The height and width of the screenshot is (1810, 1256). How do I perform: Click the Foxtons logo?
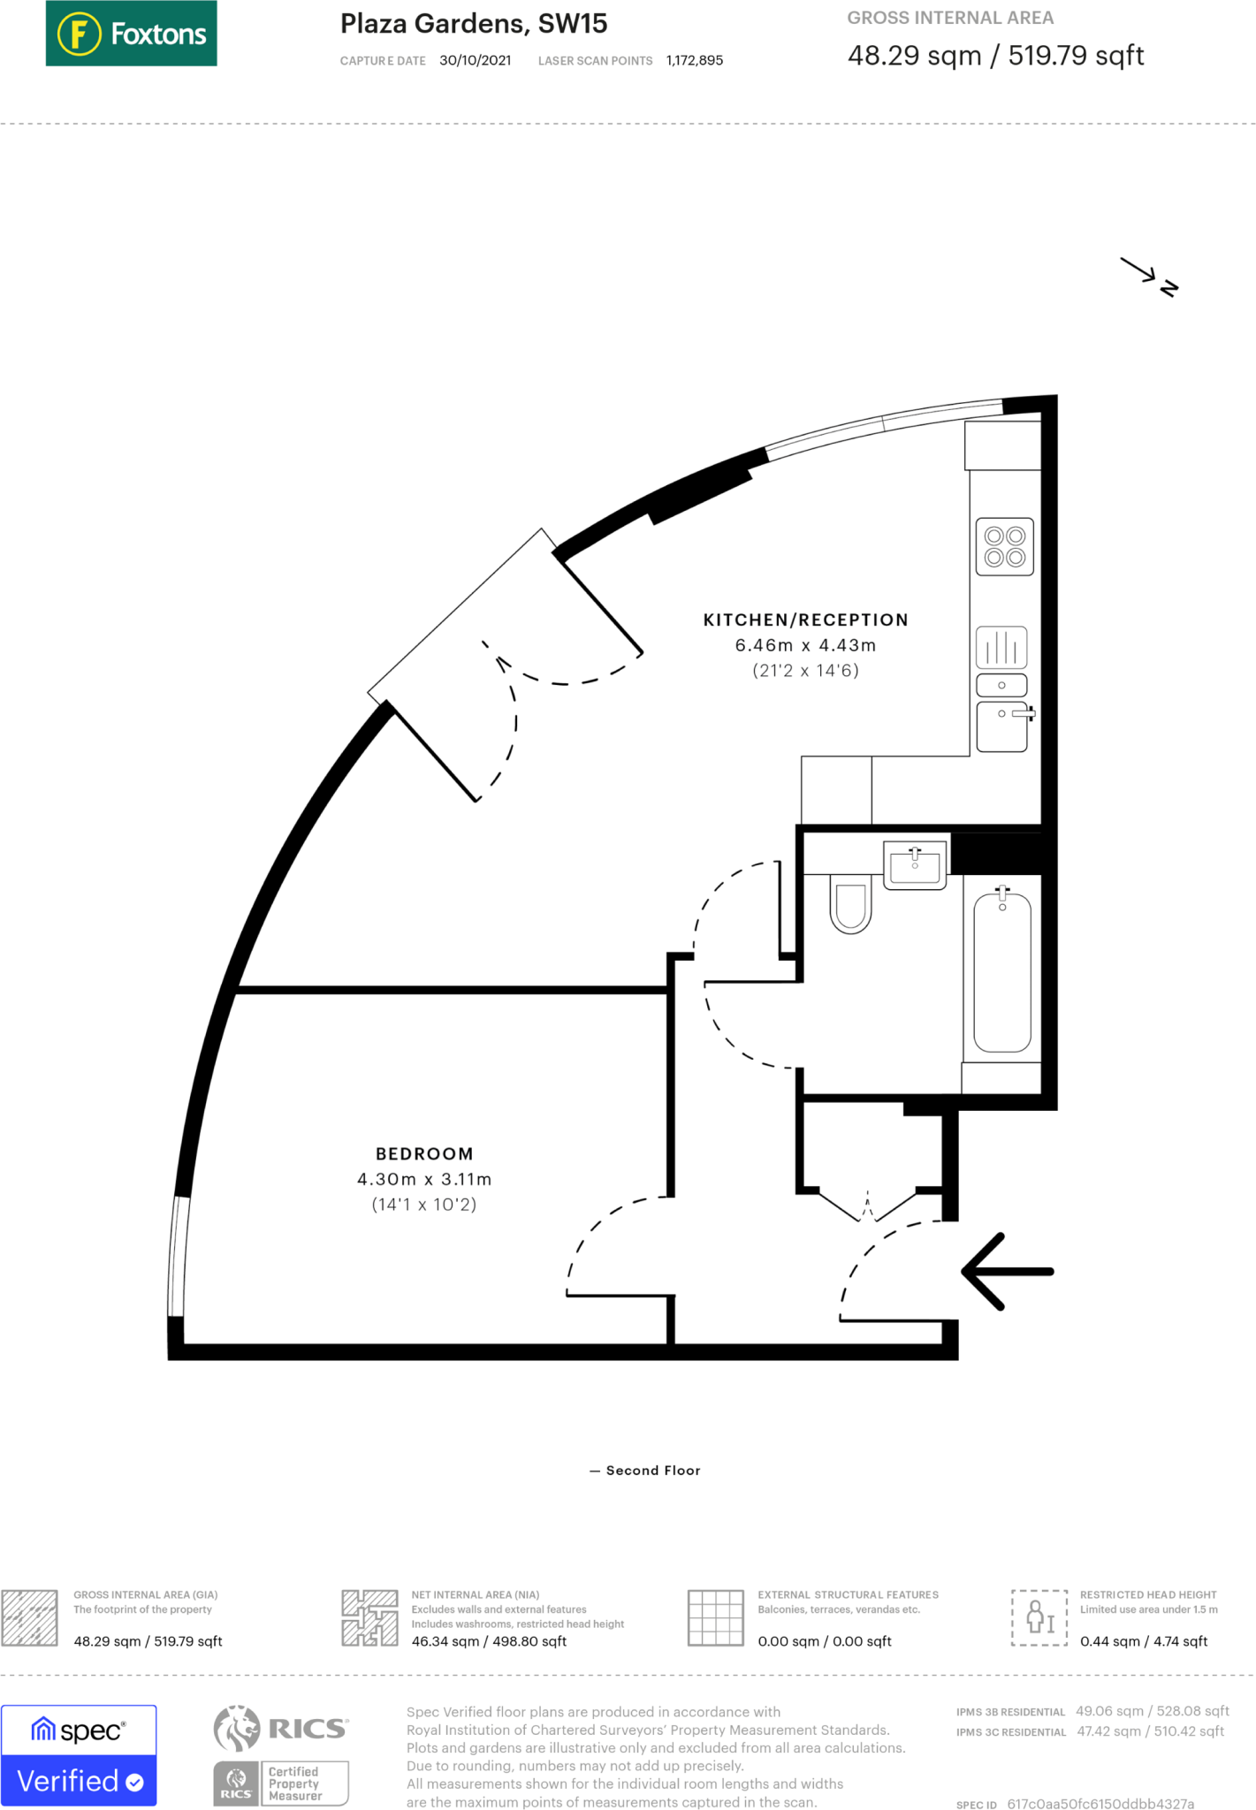(x=131, y=34)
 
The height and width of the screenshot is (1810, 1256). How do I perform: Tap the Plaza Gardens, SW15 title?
(x=474, y=24)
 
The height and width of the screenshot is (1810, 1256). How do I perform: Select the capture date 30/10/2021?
(x=475, y=60)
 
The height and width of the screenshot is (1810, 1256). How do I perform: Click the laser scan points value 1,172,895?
(x=694, y=60)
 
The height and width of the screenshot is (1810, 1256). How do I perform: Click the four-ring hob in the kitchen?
(x=1004, y=547)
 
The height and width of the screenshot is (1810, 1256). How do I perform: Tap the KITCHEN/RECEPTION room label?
(x=805, y=620)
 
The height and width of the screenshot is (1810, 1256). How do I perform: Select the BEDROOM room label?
(x=424, y=1153)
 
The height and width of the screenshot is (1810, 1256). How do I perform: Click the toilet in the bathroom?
(x=850, y=903)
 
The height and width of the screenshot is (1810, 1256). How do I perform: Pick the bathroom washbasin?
(x=915, y=865)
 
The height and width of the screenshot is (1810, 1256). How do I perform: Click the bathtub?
(x=1001, y=972)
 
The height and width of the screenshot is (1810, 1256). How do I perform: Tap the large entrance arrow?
(x=1007, y=1271)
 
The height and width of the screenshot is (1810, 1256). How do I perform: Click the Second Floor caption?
(x=652, y=1471)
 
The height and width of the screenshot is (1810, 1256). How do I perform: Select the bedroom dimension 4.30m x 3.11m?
(x=424, y=1179)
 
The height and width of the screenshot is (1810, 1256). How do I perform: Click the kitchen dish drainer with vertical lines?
(x=1001, y=647)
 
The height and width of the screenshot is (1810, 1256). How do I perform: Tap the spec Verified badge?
(x=79, y=1755)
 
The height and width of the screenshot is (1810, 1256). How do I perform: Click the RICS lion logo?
(x=237, y=1728)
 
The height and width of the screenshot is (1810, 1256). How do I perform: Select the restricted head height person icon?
(x=1039, y=1617)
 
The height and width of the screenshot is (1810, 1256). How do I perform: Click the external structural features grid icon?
(x=715, y=1617)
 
